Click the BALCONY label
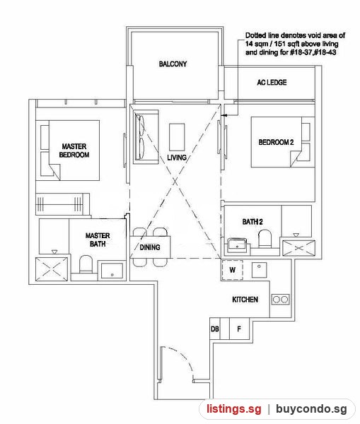coord(173,64)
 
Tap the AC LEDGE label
coord(272,82)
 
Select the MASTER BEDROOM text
coord(74,151)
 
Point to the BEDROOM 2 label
coord(276,142)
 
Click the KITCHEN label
coord(245,300)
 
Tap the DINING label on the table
coord(150,247)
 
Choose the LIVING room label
coord(177,158)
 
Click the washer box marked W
coord(232,270)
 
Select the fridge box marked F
coord(239,329)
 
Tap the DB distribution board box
coord(215,329)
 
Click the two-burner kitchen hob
coord(280,300)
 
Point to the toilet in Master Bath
coord(86,264)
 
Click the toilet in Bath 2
coord(265,239)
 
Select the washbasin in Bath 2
coord(237,245)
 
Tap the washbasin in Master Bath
coord(112,271)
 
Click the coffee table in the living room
coord(177,137)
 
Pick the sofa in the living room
coord(146,136)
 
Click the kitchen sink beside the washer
coord(259,270)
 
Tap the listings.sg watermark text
coord(234,409)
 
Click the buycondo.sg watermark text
coord(311,409)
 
